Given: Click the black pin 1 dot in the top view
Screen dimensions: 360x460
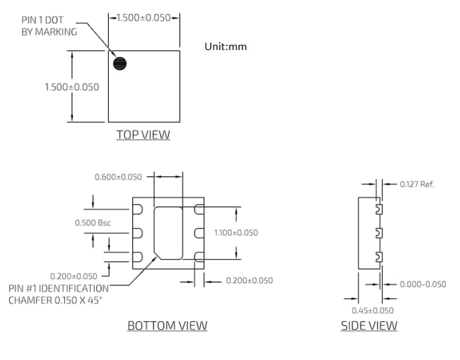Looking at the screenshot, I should tap(120, 63).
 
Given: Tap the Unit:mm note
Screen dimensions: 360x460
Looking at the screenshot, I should tap(226, 47).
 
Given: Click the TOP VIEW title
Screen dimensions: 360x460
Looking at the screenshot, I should tap(143, 135).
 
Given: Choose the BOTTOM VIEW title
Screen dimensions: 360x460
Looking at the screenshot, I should tap(167, 326).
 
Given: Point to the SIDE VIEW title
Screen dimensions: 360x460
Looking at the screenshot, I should tap(369, 326).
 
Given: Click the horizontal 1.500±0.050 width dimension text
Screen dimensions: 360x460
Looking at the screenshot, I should tap(144, 17).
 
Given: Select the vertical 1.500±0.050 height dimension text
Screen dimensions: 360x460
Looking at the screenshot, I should tap(71, 87).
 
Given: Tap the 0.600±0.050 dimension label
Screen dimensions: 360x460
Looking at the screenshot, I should tap(118, 177).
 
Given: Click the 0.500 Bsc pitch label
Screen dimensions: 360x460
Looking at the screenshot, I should tap(92, 222).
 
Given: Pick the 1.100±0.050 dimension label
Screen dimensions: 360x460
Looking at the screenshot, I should tap(236, 232).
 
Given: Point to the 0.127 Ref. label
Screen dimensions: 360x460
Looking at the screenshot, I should tap(417, 184).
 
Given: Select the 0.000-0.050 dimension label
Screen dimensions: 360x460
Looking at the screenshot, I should tap(423, 284).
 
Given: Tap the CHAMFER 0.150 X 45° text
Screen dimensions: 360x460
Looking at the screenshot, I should tap(57, 301).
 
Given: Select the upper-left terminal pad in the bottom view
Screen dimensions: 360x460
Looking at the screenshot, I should tap(138, 210).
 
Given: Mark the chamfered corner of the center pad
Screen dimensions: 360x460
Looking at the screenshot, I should tap(158, 254).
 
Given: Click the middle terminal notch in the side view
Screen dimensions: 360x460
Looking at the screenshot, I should tap(379, 233).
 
